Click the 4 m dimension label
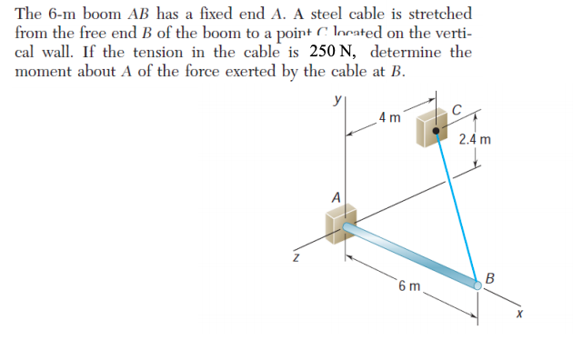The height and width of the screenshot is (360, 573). [388, 118]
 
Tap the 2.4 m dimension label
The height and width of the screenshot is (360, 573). [475, 140]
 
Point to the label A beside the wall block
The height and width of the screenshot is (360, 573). [336, 197]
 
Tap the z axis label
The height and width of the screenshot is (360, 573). [295, 260]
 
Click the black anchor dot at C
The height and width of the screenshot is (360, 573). [437, 131]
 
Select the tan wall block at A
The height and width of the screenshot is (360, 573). [342, 224]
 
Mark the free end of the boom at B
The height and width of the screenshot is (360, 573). [477, 283]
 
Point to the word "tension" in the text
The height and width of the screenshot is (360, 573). [183, 51]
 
